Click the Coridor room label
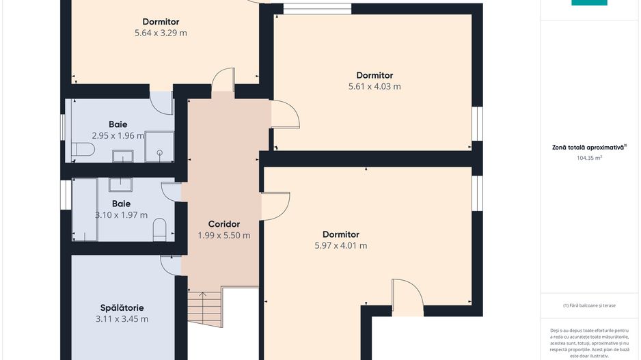coord(224,224)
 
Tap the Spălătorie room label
coord(122,307)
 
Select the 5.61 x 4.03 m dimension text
coord(374,87)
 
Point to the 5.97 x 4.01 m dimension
coord(340,246)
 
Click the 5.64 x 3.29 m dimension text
coord(161,33)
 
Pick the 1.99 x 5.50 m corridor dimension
coord(224,236)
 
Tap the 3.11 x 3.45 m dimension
coord(122,319)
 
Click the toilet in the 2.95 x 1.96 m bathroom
coord(83,149)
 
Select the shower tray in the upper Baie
coord(159,146)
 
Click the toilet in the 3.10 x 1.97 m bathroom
coord(159,230)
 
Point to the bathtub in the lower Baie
coord(85,209)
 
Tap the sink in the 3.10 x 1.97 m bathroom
coord(120,184)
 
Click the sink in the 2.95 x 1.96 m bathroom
coord(122,156)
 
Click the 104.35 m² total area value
coord(589,158)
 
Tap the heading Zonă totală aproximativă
coord(589,147)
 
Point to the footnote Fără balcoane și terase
coord(589,305)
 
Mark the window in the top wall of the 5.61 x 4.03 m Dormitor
coord(318,9)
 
